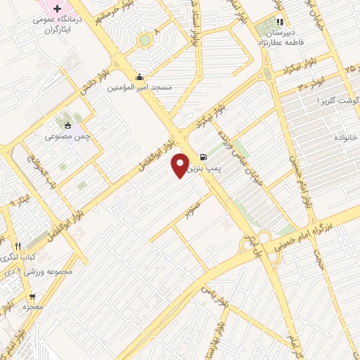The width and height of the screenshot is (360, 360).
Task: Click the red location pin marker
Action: (x=180, y=166)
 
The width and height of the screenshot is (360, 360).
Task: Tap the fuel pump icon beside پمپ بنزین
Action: (x=203, y=157)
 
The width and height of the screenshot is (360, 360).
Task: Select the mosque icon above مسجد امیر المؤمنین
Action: (x=139, y=77)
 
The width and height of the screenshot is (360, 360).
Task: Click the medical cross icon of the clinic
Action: (x=57, y=8)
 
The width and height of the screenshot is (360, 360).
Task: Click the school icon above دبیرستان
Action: (x=280, y=22)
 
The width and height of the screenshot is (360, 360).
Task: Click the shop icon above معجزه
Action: (x=32, y=297)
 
